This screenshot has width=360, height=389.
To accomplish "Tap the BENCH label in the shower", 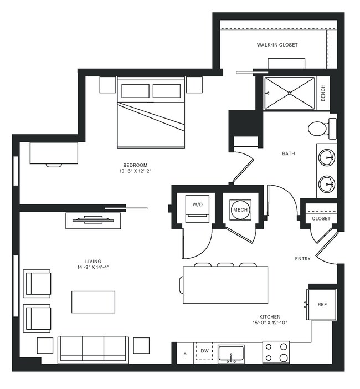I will [323, 93].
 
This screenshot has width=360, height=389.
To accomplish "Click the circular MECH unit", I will [240, 209].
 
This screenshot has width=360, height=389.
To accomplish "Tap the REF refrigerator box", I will [322, 304].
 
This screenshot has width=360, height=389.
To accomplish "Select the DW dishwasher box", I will [204, 351].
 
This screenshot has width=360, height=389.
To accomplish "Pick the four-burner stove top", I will [275, 351].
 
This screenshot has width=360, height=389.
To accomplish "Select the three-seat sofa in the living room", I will [93, 348].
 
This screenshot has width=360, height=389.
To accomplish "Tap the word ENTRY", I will [302, 258].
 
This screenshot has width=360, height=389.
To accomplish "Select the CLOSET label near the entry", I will [321, 218].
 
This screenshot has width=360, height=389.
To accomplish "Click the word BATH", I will [289, 153].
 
